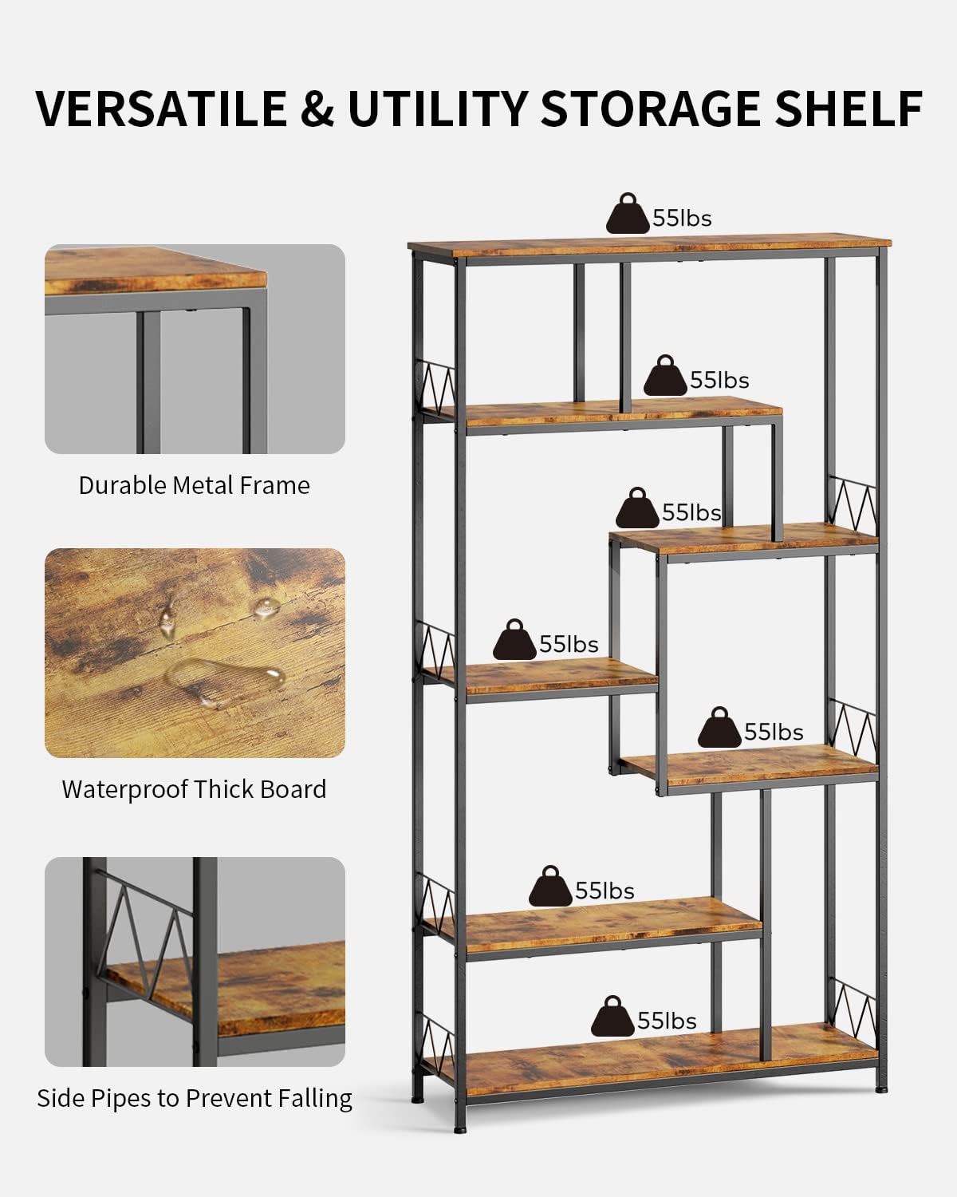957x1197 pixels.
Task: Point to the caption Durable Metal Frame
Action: point(194,485)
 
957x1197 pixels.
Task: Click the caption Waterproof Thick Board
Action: point(194,789)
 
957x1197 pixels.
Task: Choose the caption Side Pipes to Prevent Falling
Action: point(195,1098)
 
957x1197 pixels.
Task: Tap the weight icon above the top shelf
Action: point(628,214)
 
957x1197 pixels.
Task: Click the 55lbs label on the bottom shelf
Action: point(667,1021)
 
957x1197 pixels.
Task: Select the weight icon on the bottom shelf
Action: point(612,1016)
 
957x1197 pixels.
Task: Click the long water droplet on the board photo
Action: point(225,682)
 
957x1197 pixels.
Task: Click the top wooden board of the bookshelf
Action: point(649,245)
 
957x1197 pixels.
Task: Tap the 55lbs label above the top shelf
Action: point(682,218)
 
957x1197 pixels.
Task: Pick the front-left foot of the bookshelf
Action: point(459,1129)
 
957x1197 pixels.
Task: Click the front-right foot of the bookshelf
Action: point(880,1089)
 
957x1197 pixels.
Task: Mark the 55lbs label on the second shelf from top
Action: point(719,380)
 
